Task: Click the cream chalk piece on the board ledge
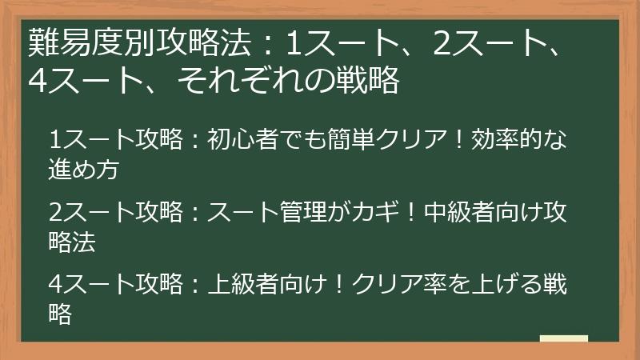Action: (563, 338)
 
